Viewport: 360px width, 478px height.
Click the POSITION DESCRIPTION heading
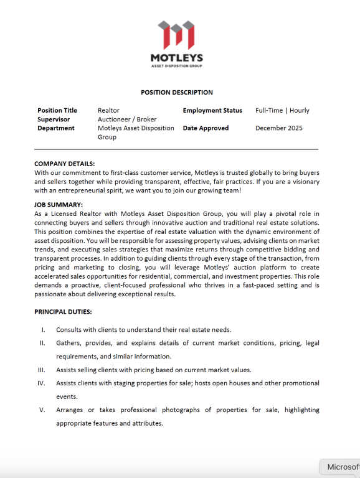click(x=177, y=92)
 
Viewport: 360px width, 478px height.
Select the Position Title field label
click(x=57, y=110)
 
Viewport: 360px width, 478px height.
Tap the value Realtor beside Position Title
click(x=108, y=110)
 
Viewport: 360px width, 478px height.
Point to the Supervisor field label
click(x=54, y=119)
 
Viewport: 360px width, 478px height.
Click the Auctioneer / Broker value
click(x=127, y=119)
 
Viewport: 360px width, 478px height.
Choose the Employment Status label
click(x=212, y=110)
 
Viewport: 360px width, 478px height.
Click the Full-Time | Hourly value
click(x=282, y=110)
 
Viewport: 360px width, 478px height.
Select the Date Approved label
click(x=206, y=128)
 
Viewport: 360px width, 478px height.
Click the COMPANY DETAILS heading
click(x=64, y=164)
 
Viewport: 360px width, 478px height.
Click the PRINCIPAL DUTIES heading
click(x=63, y=311)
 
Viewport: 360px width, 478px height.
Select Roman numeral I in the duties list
click(x=42, y=329)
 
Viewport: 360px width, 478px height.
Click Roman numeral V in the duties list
click(x=42, y=410)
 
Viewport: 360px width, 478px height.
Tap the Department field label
click(x=56, y=128)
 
